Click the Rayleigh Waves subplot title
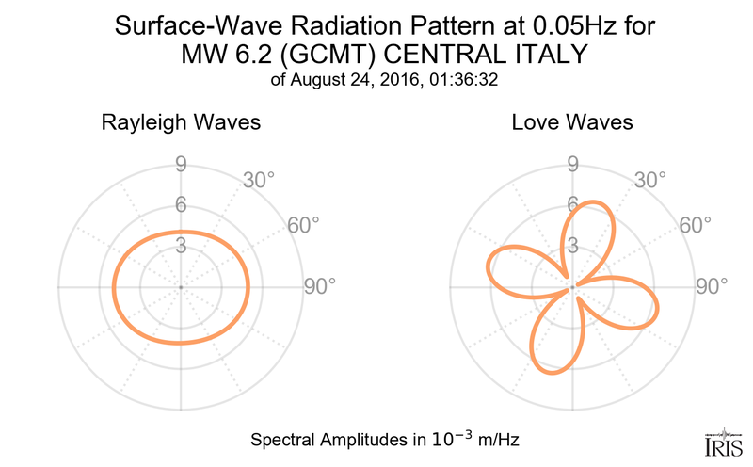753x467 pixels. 180,123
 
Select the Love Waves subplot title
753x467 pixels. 572,123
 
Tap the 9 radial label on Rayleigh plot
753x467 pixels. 180,166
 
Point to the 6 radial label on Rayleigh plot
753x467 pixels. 180,206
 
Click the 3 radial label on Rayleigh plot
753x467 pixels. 180,246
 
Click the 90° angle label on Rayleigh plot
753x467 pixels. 318,286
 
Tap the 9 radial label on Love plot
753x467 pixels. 572,166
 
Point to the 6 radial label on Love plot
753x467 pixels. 572,204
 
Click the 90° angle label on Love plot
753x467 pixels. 712,286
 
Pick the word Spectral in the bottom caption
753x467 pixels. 281,440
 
